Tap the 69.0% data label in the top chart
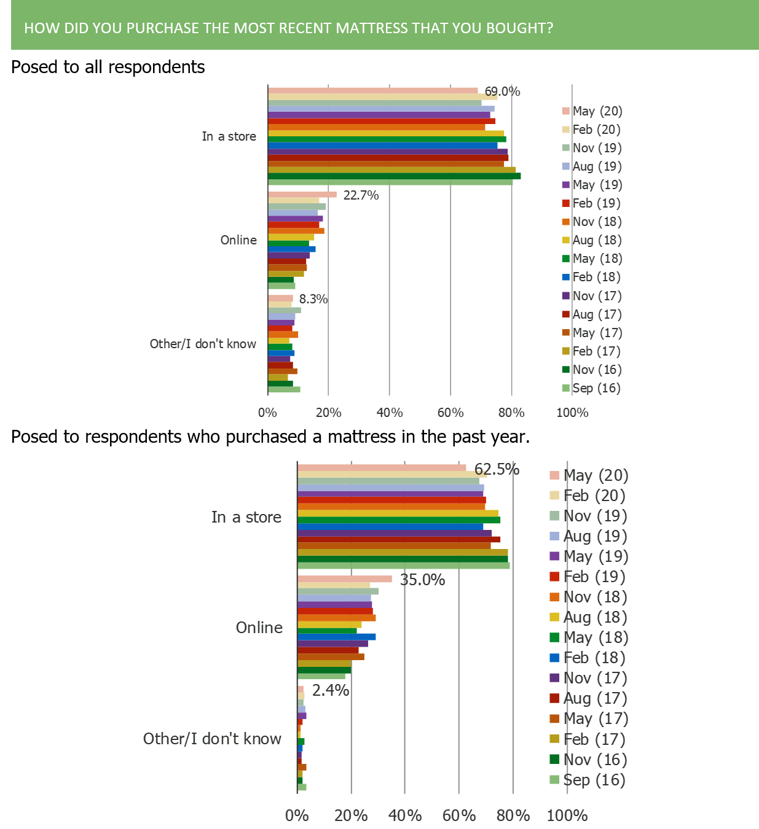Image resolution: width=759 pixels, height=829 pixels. click(502, 91)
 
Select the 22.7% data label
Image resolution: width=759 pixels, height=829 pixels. click(361, 195)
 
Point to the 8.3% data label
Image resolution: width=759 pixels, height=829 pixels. click(313, 299)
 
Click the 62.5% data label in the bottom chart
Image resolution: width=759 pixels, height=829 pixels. click(497, 469)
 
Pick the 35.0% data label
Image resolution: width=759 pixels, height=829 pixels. click(422, 580)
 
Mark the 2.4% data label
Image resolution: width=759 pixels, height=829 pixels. click(330, 690)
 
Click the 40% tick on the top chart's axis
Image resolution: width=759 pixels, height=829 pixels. click(389, 413)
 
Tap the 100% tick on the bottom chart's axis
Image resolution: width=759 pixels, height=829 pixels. click(567, 815)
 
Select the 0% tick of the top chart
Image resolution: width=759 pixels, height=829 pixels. click(267, 413)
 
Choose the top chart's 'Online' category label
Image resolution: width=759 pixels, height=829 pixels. click(238, 240)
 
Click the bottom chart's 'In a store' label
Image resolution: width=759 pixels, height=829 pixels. click(246, 517)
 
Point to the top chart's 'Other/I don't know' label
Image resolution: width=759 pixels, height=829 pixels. click(203, 344)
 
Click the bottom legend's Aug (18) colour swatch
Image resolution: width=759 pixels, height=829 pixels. click(555, 618)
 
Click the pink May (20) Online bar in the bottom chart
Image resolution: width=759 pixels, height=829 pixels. click(345, 579)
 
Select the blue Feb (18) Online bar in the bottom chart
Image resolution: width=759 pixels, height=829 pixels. click(337, 637)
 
